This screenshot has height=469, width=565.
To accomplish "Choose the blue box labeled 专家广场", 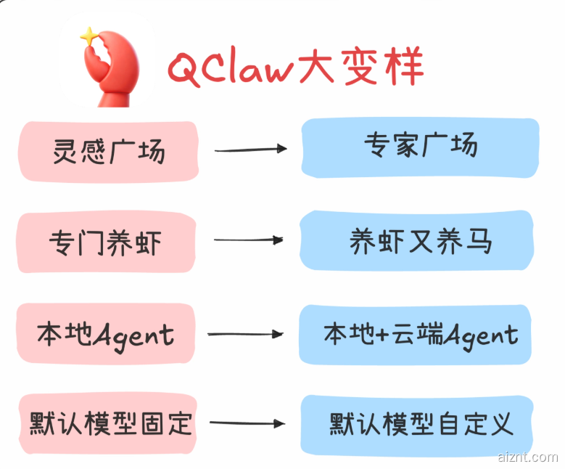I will point(420,147).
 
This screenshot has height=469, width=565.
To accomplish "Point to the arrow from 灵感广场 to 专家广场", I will point(250,150).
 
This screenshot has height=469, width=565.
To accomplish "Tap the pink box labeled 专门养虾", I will point(107,242).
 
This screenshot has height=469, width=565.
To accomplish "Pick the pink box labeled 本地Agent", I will point(107,335).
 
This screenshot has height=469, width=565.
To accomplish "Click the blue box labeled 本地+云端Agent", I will point(420,334).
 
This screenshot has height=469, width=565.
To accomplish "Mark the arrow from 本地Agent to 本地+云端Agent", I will point(245,334).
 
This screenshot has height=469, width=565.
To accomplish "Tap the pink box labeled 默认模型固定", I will point(107,423).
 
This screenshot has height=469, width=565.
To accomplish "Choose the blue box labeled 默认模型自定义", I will point(420,423).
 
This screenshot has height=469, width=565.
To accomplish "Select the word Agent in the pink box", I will point(134,335).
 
